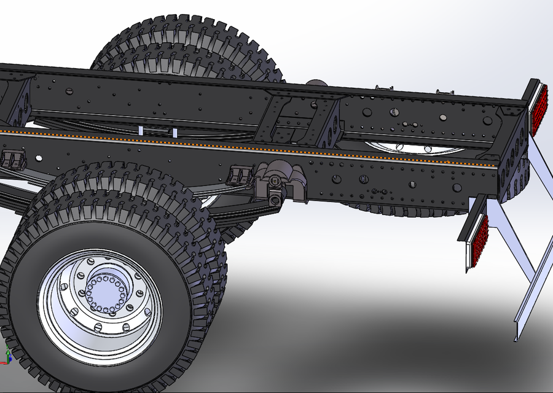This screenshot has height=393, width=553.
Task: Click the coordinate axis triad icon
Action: (7, 355)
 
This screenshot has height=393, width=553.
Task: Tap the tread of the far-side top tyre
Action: (184, 43)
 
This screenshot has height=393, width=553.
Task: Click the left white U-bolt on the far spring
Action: (141, 130)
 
